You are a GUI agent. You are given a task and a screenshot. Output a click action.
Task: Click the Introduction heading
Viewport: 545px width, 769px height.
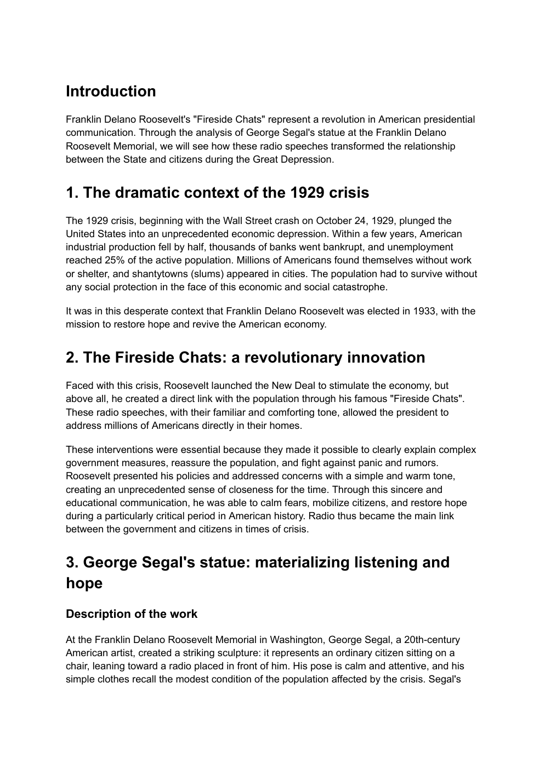(111, 91)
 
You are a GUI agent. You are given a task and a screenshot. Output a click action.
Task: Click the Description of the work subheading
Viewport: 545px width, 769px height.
(132, 614)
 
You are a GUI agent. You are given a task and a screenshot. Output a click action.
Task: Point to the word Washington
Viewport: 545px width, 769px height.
(297, 640)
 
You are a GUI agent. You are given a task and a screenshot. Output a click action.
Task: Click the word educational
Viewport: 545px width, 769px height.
(91, 503)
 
